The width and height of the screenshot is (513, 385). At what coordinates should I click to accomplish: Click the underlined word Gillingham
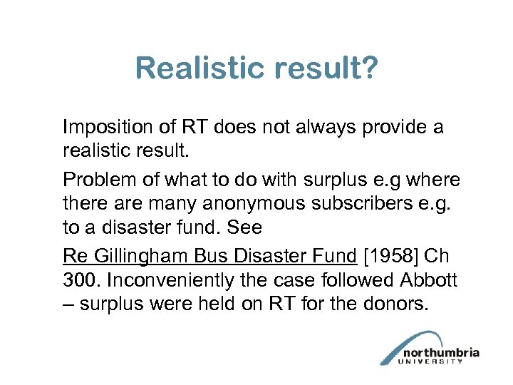pos(139,255)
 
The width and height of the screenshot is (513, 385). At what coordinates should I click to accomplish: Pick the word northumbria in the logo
pos(442,352)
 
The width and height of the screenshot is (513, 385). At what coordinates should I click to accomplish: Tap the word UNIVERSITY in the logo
pos(431,361)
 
